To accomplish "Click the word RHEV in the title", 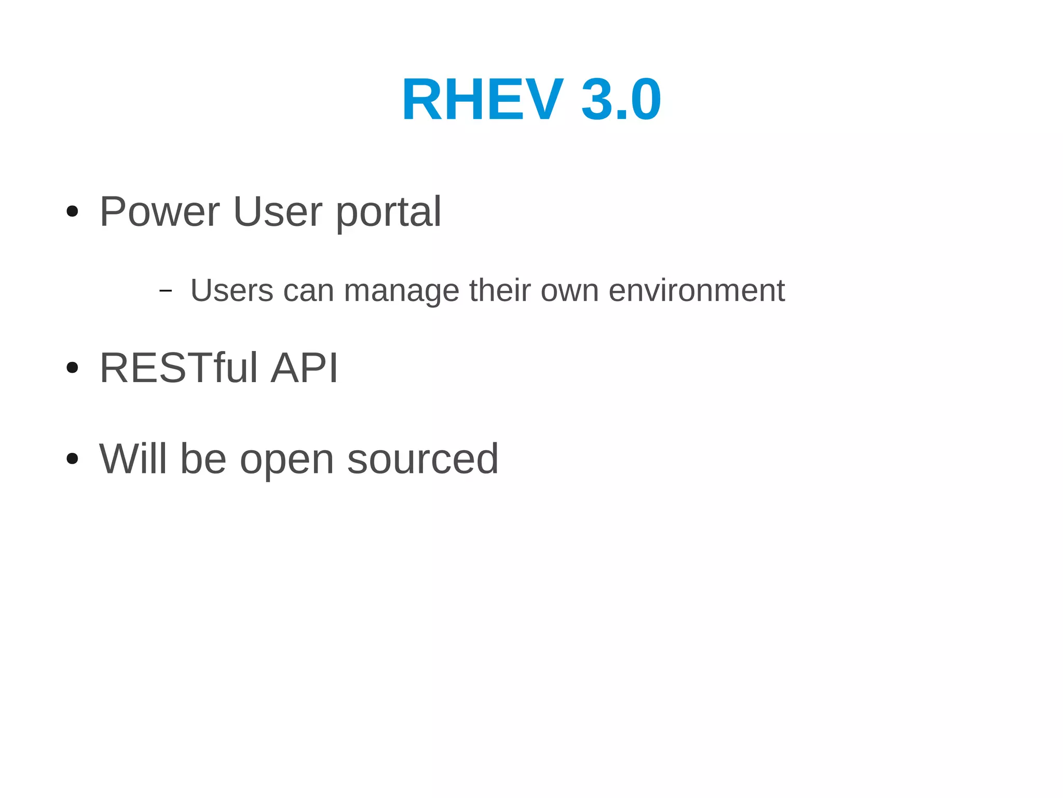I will pos(482,99).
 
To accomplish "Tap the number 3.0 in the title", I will pos(621,99).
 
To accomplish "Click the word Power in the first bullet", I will pos(159,211).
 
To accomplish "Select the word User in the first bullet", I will pos(278,211).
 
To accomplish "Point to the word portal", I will pos(388,213).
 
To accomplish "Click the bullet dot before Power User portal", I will pos(73,211).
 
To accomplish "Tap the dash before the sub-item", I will pos(165,290).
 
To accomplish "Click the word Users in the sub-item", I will pos(232,290).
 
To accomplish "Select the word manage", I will pos(401,291).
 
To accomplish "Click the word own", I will pos(570,291).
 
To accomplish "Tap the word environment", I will pos(697,290).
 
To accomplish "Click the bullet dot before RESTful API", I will pos(73,368).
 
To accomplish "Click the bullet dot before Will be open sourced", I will pos(73,459).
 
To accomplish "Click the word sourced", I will pos(423,459).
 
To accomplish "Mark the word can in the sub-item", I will pos(308,291).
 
